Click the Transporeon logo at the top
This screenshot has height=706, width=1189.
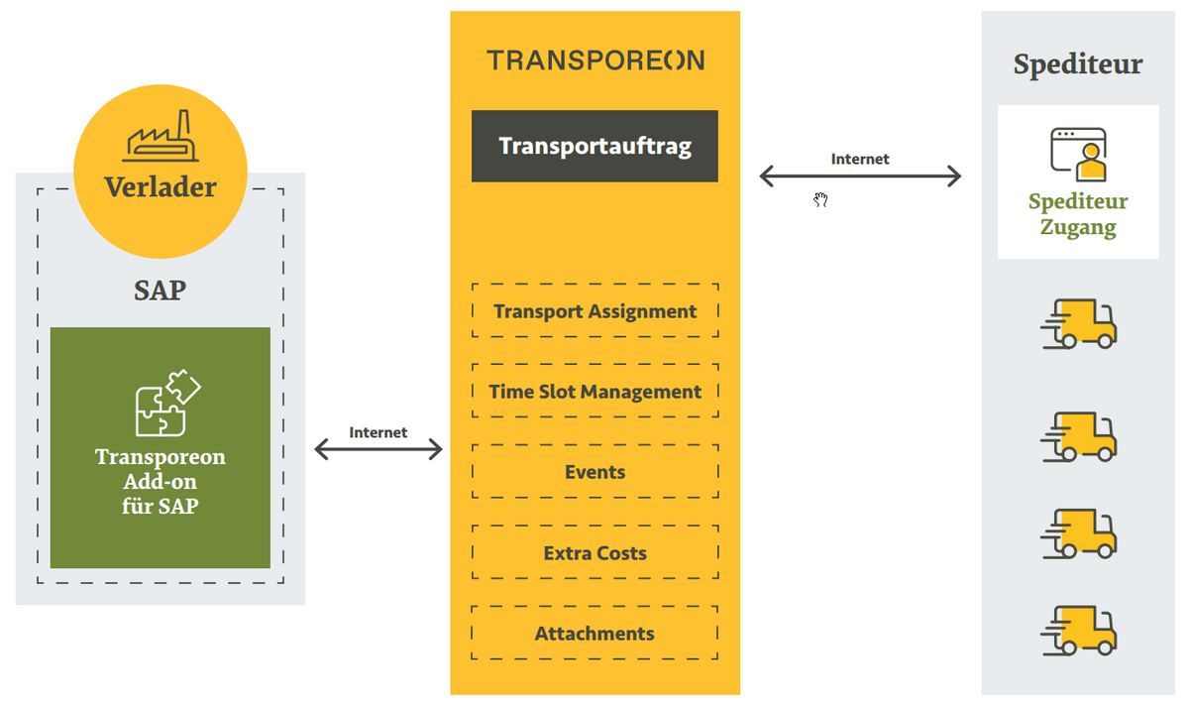[x=595, y=60]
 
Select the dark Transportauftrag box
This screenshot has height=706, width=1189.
[x=594, y=146]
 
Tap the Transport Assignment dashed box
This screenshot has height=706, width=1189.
[x=594, y=311]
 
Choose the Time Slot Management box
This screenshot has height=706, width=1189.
[x=594, y=392]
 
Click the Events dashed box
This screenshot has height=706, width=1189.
[x=594, y=472]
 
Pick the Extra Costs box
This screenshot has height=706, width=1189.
[x=594, y=553]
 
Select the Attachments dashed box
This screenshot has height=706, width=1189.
[x=594, y=634]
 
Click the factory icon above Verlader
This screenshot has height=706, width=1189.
[x=160, y=139]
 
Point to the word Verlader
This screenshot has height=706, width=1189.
[x=160, y=186]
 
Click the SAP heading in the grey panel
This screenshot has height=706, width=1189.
[x=160, y=291]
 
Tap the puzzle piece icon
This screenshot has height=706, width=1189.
[x=166, y=403]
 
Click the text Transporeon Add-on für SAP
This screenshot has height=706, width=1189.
[x=160, y=481]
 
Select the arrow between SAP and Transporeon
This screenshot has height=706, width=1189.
[x=378, y=450]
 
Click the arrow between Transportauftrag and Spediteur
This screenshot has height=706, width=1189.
[x=860, y=176]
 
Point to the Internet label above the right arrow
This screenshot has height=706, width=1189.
[x=860, y=159]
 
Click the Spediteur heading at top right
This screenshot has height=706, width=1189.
[x=1077, y=65]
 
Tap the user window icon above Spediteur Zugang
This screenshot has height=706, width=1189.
[x=1078, y=154]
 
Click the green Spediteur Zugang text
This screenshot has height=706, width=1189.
[x=1078, y=214]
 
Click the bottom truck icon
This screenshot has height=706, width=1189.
[x=1079, y=631]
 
